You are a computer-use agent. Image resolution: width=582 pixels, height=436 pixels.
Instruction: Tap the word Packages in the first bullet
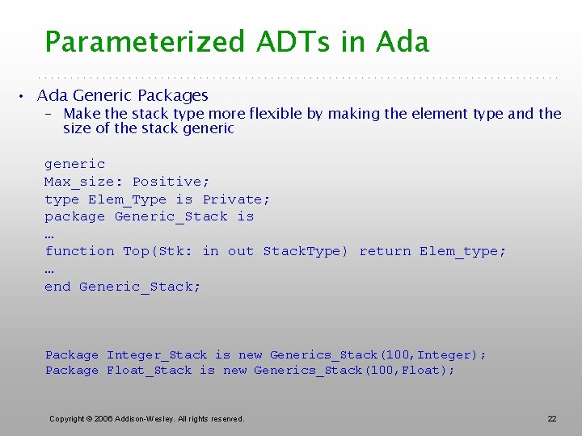pyautogui.click(x=175, y=95)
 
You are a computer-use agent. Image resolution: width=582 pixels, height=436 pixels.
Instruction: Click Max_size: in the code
pyautogui.click(x=83, y=182)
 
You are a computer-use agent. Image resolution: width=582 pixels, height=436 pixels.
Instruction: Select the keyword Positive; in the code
pyautogui.click(x=171, y=182)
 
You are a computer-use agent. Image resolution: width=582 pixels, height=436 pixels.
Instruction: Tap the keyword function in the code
pyautogui.click(x=79, y=251)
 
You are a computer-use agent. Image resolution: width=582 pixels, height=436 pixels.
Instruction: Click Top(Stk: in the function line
pyautogui.click(x=158, y=251)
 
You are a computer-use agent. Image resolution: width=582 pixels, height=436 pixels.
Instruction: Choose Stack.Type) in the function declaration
pyautogui.click(x=305, y=251)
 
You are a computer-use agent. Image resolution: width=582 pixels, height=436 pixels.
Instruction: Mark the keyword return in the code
pyautogui.click(x=385, y=251)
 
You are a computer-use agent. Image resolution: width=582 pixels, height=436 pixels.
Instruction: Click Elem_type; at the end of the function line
pyautogui.click(x=462, y=251)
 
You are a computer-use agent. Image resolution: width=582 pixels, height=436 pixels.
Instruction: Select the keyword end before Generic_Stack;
pyautogui.click(x=57, y=287)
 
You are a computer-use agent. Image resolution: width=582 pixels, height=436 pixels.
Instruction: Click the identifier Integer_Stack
pyautogui.click(x=157, y=355)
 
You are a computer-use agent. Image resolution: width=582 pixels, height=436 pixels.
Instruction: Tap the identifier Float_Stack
pyautogui.click(x=149, y=371)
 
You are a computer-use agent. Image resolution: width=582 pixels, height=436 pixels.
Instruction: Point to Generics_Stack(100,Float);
pyautogui.click(x=354, y=371)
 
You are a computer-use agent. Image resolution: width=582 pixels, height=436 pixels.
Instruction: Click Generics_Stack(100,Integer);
pyautogui.click(x=377, y=355)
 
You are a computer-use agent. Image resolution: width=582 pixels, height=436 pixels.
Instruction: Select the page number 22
pyautogui.click(x=552, y=418)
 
